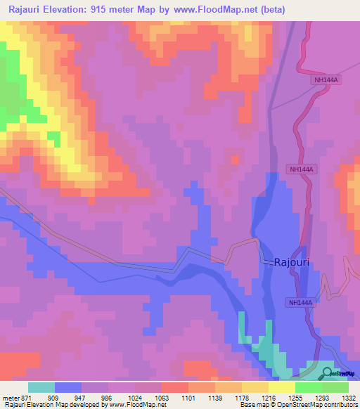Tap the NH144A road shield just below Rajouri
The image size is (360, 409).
[299, 302]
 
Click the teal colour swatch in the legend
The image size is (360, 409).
[41, 387]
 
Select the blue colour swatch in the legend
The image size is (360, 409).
[68, 387]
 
